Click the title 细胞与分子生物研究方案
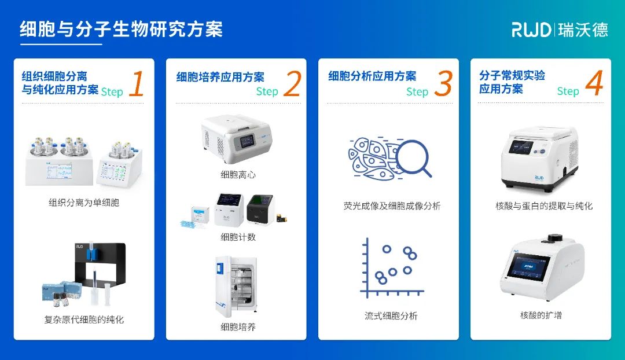(x=121, y=30)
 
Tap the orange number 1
(x=137, y=85)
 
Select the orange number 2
(x=292, y=84)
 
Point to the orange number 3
(x=443, y=85)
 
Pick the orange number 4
(x=594, y=84)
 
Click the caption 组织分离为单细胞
(x=84, y=203)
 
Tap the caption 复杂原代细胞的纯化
(x=84, y=319)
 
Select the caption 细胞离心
(x=238, y=174)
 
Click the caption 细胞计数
(x=238, y=237)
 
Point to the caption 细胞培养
(x=238, y=326)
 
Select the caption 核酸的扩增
(x=541, y=315)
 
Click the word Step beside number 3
(x=417, y=91)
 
